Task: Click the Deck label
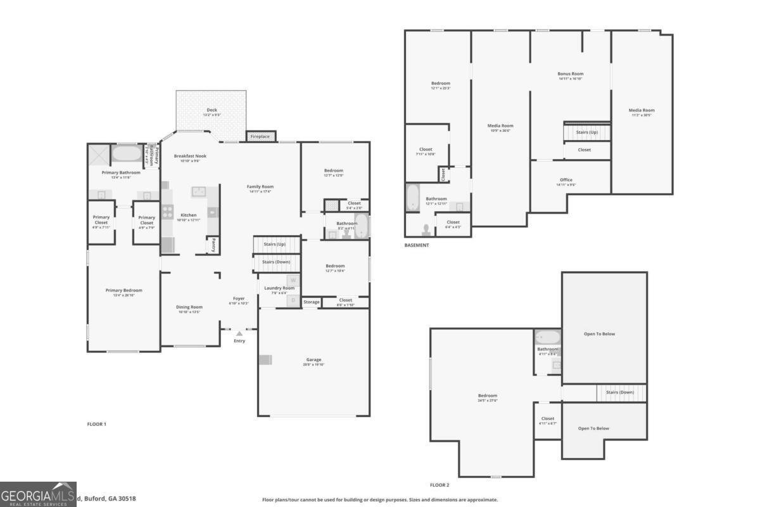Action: click(211, 110)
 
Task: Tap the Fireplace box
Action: click(260, 136)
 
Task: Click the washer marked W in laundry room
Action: click(293, 280)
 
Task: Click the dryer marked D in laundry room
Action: click(293, 300)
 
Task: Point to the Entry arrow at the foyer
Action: click(239, 333)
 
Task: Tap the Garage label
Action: click(313, 359)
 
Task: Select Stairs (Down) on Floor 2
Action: click(619, 392)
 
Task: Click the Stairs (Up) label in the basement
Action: click(586, 132)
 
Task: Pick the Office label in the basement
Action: click(566, 180)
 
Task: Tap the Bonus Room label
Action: click(570, 74)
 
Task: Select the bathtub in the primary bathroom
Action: click(128, 153)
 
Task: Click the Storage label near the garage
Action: click(311, 302)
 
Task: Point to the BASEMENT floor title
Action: click(417, 245)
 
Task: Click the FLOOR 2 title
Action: click(440, 485)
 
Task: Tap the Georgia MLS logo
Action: click(38, 494)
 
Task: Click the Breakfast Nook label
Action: click(190, 156)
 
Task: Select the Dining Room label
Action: click(189, 307)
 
